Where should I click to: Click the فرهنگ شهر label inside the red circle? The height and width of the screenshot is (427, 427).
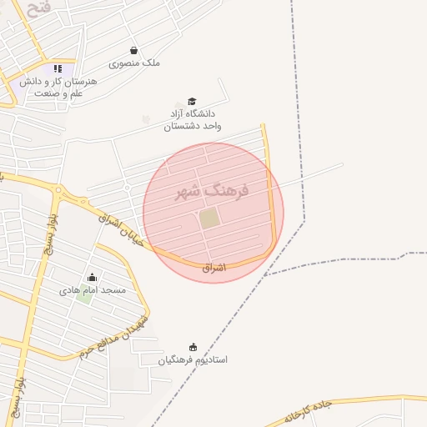tap(212, 192)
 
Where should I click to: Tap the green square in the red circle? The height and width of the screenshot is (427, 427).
tap(209, 219)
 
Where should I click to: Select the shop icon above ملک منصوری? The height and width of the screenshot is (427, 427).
tap(134, 51)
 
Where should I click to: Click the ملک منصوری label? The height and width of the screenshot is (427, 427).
tap(134, 63)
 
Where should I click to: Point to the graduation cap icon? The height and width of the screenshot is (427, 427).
tap(193, 101)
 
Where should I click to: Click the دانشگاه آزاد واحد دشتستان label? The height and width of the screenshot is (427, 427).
tap(193, 118)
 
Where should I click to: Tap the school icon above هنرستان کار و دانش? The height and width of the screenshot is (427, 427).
tap(58, 69)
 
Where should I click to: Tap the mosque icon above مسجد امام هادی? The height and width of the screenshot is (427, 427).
tap(92, 278)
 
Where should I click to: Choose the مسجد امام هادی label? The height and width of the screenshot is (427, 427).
tap(92, 290)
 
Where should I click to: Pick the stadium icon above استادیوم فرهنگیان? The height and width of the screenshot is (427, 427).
tap(193, 347)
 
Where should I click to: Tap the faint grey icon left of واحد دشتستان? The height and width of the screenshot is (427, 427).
tap(147, 120)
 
